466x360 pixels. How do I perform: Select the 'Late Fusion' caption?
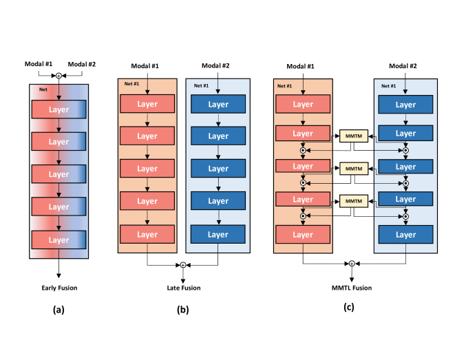[182, 288]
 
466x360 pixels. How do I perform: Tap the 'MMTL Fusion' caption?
[352, 288]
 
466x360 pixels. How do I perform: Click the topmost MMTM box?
[353, 136]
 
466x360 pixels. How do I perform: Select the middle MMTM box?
[353, 169]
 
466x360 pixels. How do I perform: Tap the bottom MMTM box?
[353, 201]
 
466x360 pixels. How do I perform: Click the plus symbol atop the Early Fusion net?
[59, 76]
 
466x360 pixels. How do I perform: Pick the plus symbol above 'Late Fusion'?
[182, 265]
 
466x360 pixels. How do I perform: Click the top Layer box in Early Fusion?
[59, 109]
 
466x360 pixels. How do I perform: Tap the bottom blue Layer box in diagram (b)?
[218, 235]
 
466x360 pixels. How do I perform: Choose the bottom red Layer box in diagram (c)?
[303, 235]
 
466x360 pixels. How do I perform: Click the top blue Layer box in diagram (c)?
[405, 104]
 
